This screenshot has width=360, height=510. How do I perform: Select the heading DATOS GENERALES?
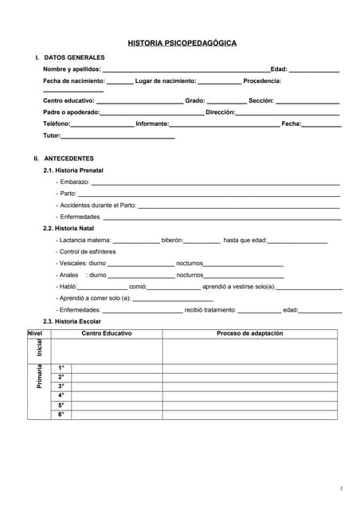coord(74,57)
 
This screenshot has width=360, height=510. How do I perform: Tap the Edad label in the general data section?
coord(279,69)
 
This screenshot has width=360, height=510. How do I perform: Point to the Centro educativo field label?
coord(68,101)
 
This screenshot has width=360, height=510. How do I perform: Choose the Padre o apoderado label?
coord(71,112)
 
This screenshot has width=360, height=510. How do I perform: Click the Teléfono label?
coord(56,124)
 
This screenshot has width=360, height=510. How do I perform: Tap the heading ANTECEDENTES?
coord(68,159)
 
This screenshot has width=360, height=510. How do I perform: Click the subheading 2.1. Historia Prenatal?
coord(73,171)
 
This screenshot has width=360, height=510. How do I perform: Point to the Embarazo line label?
coord(72,182)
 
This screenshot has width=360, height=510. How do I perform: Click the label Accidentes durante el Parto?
coord(96,206)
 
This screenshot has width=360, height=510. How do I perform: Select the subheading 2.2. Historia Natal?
coord(68,229)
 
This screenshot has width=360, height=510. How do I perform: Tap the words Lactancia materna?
coord(84,240)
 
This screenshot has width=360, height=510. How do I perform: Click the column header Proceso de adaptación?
coord(249,333)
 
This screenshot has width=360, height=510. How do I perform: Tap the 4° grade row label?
coord(61,395)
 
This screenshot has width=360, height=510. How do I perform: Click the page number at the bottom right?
coord(340,488)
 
